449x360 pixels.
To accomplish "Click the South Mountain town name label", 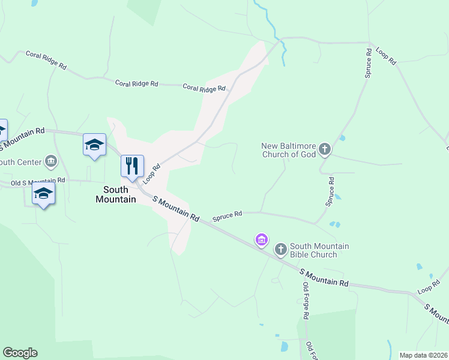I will pos(115,194).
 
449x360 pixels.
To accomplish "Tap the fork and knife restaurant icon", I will pos(132,166).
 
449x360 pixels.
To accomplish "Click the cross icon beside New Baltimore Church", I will pos(325,149).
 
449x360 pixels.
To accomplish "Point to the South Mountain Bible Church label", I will pos(319,250).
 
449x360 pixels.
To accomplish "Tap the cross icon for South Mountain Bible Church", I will pos(280,249).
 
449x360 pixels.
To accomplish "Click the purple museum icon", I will pos(261,241).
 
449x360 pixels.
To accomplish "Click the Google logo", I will pos(20,353).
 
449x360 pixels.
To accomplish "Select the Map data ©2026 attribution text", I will pos(423,355).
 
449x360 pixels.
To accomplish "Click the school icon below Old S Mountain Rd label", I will pos(43,193).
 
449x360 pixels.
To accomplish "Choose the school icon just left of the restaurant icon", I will pos(94,145).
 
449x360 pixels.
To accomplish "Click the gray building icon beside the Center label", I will pos(51,161).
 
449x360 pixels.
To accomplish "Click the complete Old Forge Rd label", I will pos(305,300).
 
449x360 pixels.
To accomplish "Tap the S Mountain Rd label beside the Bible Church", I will pos(324,278).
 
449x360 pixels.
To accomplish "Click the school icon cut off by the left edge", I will pos(2,130).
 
